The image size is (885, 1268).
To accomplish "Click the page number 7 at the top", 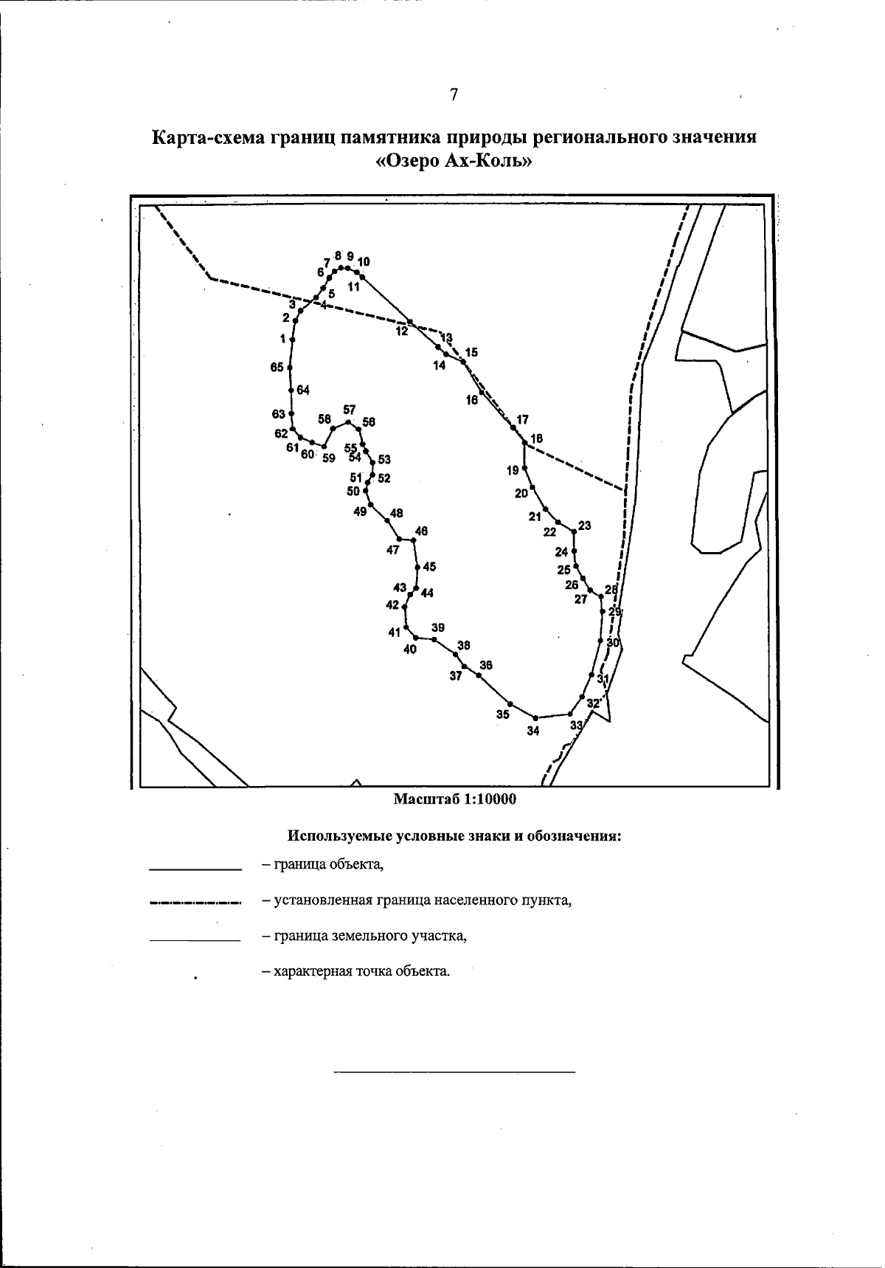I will tap(454, 94).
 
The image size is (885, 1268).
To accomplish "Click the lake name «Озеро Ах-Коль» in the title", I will tap(454, 162).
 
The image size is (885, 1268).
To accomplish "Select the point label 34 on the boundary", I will tap(533, 731).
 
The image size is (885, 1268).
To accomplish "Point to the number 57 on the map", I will tap(349, 410).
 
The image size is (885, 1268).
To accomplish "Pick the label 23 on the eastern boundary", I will tap(585, 526).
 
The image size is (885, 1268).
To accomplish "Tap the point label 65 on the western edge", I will tap(277, 368).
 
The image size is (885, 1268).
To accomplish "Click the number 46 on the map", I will tap(422, 531).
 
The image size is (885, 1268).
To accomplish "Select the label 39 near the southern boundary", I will tap(438, 627).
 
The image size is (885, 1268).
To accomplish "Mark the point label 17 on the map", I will tap(522, 419).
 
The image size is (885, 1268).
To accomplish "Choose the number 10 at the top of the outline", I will tap(364, 261).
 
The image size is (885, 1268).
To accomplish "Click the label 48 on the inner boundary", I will tap(397, 513).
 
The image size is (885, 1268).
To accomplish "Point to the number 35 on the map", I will tap(502, 714).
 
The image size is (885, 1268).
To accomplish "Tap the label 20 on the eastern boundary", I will tap(521, 493).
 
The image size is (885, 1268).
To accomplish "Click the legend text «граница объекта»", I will tap(322, 864).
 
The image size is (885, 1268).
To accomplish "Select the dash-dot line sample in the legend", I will tap(195, 902).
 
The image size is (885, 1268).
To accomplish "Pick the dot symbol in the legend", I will tap(195, 978).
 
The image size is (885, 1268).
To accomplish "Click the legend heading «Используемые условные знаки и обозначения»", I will tap(454, 837).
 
